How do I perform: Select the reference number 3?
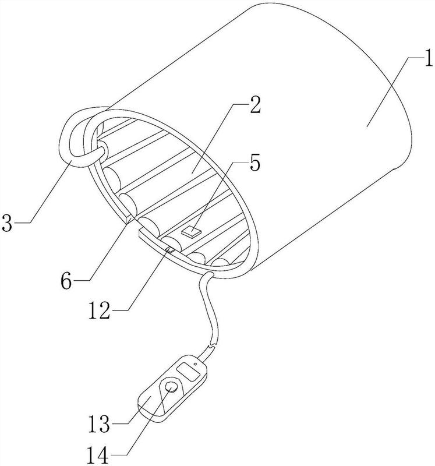point(7,223)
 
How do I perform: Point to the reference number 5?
point(255,164)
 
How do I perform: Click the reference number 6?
point(66,281)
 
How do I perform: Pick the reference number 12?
point(100,311)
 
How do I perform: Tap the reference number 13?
point(99,424)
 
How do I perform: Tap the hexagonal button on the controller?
point(172,387)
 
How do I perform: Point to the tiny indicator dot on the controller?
point(195,363)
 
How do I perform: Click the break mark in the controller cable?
point(213,345)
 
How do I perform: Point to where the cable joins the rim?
point(208,274)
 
